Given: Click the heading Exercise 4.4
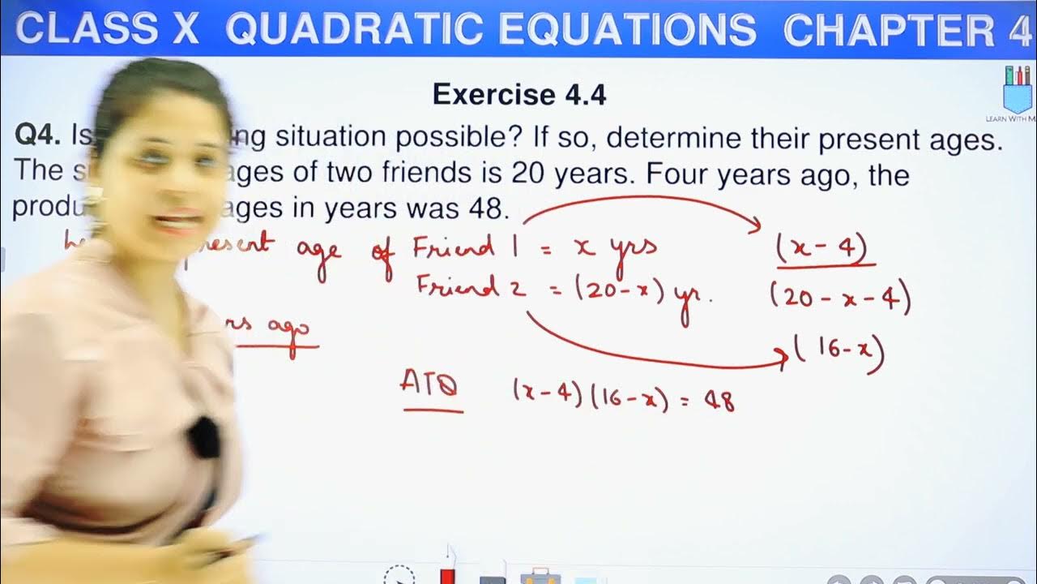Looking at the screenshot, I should tap(519, 95).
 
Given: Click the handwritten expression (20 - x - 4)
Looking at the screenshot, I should tap(840, 299).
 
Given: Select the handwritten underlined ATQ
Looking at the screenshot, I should tap(430, 385).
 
